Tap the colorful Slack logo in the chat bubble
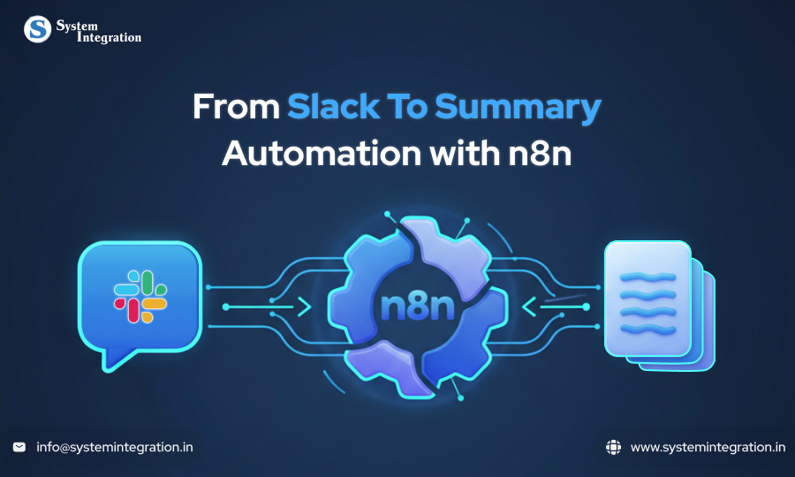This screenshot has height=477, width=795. (140, 297)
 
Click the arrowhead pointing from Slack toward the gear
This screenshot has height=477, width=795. (303, 307)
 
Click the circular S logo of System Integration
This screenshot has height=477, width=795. (37, 29)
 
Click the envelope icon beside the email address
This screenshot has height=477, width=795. (19, 447)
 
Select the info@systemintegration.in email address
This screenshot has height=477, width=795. (115, 447)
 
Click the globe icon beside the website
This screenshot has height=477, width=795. (613, 447)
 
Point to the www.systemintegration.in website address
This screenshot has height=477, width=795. (708, 447)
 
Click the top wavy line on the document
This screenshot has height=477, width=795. (647, 276)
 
